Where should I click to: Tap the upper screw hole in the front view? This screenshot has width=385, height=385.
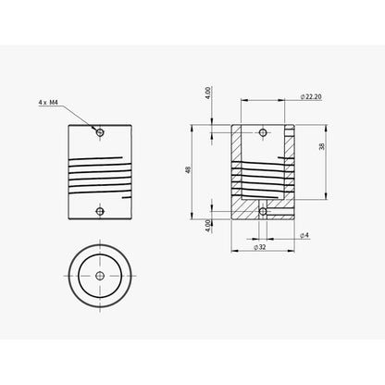pyautogui.click(x=101, y=132)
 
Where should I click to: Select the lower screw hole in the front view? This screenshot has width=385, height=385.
pyautogui.click(x=101, y=211)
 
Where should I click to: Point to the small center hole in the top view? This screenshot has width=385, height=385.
pyautogui.click(x=101, y=275)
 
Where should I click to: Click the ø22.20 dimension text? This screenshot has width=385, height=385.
pyautogui.click(x=311, y=96)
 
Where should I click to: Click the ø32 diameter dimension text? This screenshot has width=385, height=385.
pyautogui.click(x=262, y=247)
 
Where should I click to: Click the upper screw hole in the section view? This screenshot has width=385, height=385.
pyautogui.click(x=264, y=132)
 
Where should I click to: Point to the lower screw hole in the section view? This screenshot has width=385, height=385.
pyautogui.click(x=264, y=211)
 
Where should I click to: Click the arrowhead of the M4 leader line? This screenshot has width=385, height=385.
pyautogui.click(x=96, y=129)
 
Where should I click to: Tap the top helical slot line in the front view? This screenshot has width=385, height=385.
pyautogui.click(x=102, y=157)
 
